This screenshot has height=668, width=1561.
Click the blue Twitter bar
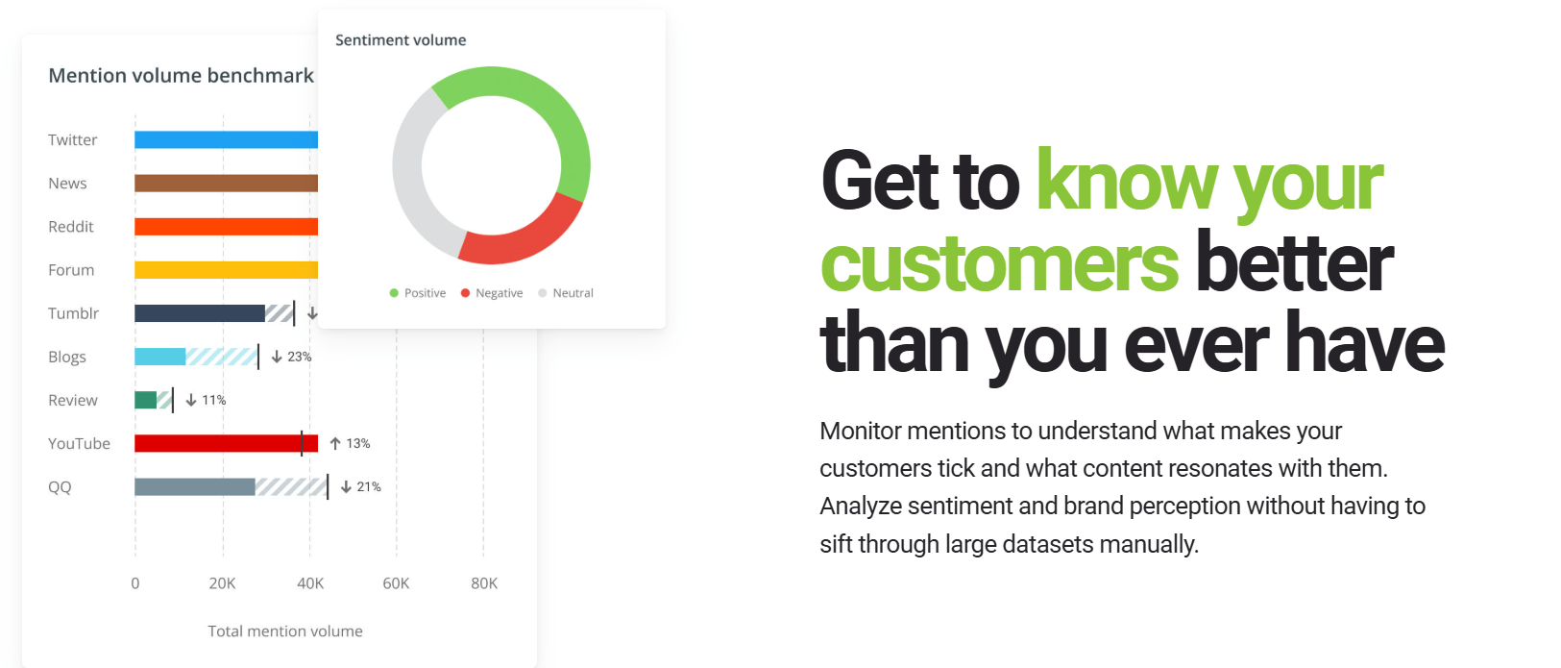click(226, 139)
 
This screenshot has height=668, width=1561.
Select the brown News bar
click(226, 183)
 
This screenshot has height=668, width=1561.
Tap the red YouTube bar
click(226, 443)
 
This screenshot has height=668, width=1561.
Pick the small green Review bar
click(146, 400)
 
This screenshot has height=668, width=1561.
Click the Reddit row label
click(71, 227)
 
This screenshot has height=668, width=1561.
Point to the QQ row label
click(60, 487)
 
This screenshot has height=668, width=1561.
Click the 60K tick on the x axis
click(396, 583)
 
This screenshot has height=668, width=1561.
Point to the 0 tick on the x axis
click(135, 583)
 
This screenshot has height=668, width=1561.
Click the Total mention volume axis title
click(285, 631)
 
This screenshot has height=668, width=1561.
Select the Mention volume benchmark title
click(181, 75)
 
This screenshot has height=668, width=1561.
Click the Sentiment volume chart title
click(401, 40)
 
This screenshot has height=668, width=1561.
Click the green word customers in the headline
click(999, 263)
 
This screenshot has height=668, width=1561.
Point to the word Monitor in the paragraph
click(860, 431)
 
